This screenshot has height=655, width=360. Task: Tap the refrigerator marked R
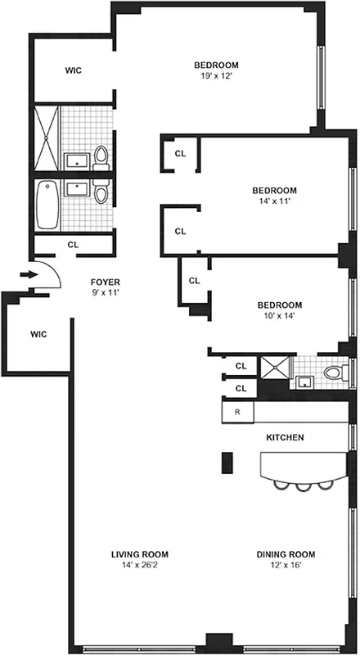click(x=237, y=411)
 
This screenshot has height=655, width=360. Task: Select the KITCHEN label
click(x=285, y=438)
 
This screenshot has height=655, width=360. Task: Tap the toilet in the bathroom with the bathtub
click(x=101, y=194)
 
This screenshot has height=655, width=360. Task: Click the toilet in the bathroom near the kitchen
click(x=334, y=373)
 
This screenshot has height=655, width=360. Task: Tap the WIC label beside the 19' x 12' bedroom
click(x=74, y=70)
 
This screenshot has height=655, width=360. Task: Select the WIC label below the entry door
click(x=38, y=334)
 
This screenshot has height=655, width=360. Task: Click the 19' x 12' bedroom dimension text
click(x=216, y=77)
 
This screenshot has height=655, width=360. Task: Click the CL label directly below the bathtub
click(x=73, y=244)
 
